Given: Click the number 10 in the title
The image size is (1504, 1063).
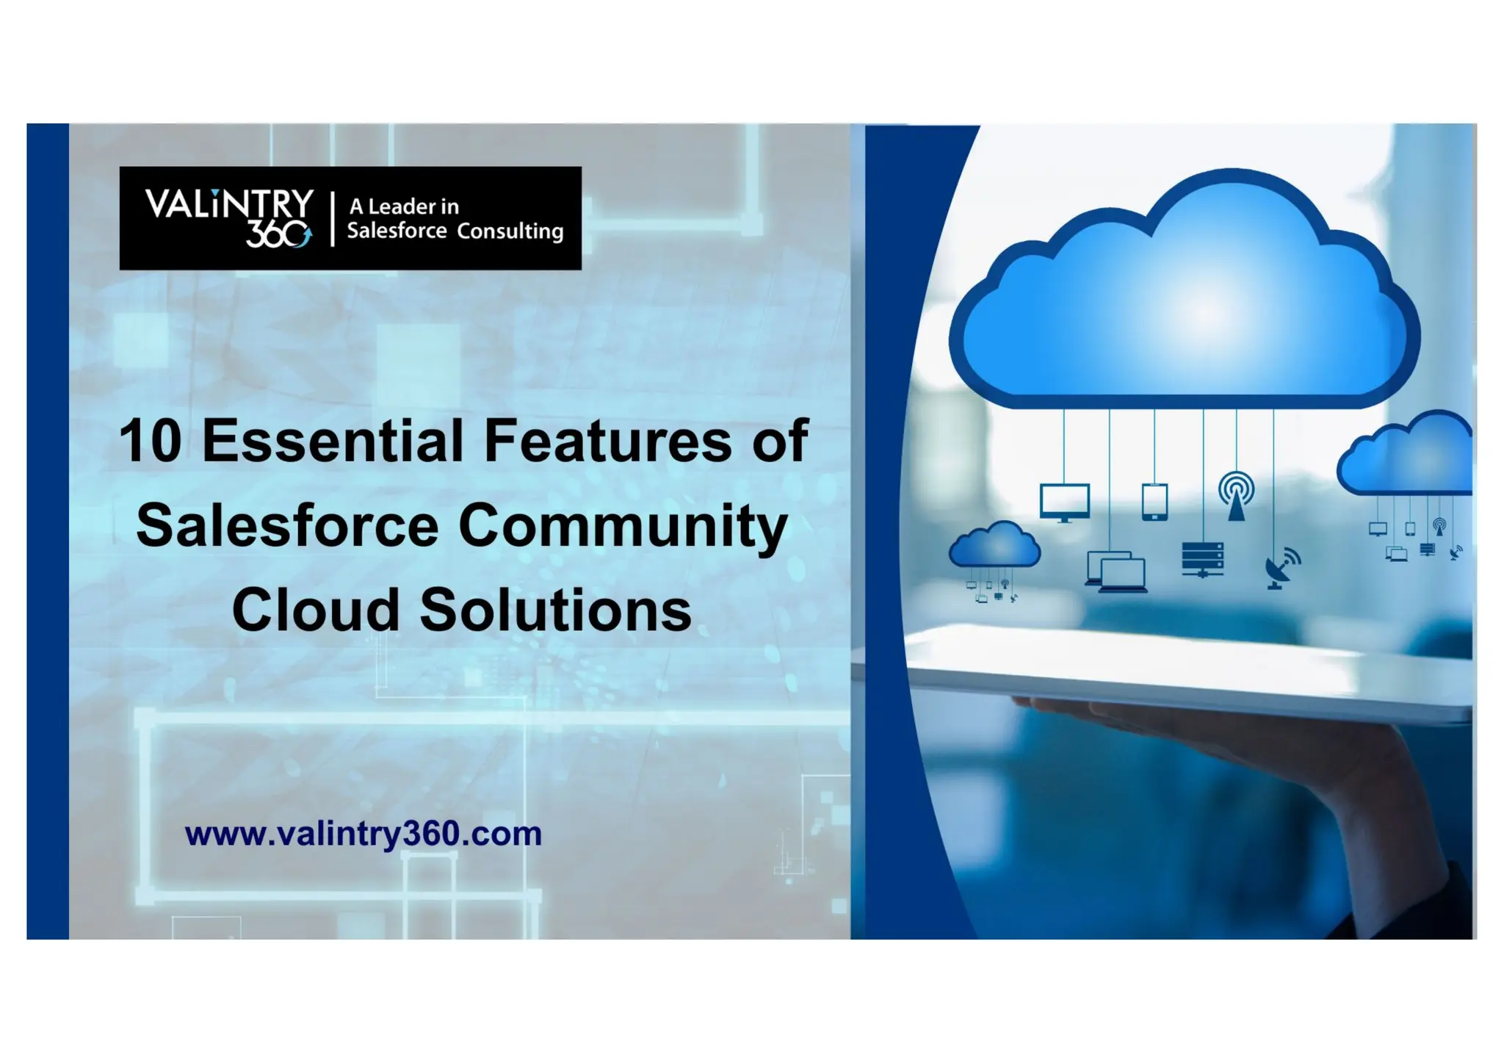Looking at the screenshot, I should coord(151,441).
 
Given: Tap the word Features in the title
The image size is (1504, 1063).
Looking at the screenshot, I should coord(607,441).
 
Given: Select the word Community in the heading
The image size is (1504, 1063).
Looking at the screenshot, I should coord(623,526).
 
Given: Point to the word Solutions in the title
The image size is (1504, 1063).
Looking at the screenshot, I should coord(555,610).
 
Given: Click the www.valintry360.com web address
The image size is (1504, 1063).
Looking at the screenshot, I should coord(364,834).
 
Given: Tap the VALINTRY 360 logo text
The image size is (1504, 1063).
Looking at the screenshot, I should coord(229,217).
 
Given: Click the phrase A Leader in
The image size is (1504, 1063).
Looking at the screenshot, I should coord(404,206).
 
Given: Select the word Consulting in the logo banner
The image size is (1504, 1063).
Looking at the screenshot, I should coord(510,231).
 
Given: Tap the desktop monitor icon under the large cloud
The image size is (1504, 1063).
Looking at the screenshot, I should coord(1064,502).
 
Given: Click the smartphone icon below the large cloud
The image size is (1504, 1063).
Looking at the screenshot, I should coord(1154,502).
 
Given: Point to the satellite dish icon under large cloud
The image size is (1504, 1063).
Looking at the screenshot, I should coord(1281,569).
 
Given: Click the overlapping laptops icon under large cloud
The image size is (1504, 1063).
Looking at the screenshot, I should coord(1116,572).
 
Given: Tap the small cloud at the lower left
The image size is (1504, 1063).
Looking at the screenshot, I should coord(994,545).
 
